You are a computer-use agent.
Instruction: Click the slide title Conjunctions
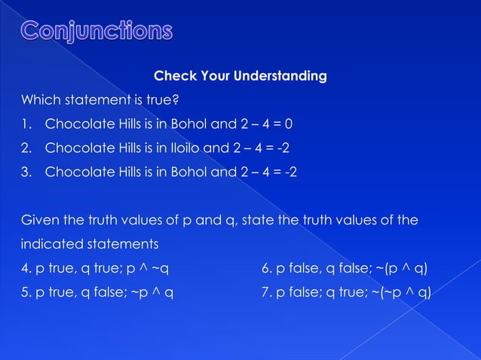[x=96, y=32]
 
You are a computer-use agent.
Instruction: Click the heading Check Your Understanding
[x=240, y=76]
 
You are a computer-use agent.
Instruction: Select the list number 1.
[x=25, y=124]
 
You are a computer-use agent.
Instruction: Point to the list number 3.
[x=25, y=172]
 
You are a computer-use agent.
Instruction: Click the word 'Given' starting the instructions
[x=38, y=221]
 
